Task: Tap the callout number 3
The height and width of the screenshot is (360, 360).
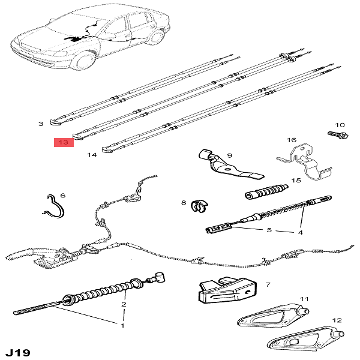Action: (41, 124)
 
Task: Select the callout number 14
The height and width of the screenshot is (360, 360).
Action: (91, 155)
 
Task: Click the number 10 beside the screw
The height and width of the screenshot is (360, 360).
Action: (340, 124)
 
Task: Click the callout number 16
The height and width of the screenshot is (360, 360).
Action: (292, 140)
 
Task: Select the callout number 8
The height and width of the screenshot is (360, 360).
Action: (184, 203)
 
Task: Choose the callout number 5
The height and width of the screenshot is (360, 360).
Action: (269, 230)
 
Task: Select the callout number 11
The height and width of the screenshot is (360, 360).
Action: (304, 298)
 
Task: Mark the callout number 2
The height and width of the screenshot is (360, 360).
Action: (124, 305)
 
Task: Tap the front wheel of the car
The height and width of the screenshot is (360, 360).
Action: (85, 61)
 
